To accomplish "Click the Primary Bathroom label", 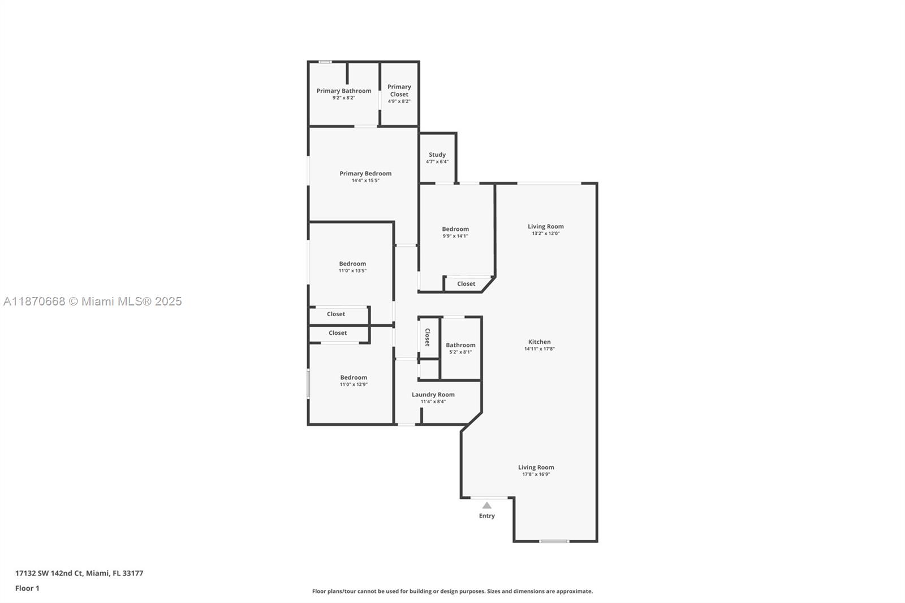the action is tap(344, 91).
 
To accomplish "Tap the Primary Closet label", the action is tap(399, 91).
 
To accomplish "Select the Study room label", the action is tap(437, 155).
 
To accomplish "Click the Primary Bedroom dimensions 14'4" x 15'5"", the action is tap(365, 180).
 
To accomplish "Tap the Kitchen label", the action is tap(540, 342).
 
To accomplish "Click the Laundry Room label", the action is tap(433, 395).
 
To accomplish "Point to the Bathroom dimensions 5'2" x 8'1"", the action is tap(460, 352).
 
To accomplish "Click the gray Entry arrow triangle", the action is tap(487, 506).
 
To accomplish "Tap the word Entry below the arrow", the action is tap(487, 516).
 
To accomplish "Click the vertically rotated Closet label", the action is tap(428, 337).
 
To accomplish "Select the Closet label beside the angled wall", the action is tap(466, 284).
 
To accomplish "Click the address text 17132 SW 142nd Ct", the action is tap(49, 573).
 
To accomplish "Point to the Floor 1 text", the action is tap(27, 588).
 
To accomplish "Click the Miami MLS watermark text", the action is tap(93, 301).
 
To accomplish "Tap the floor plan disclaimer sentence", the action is tap(452, 591).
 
